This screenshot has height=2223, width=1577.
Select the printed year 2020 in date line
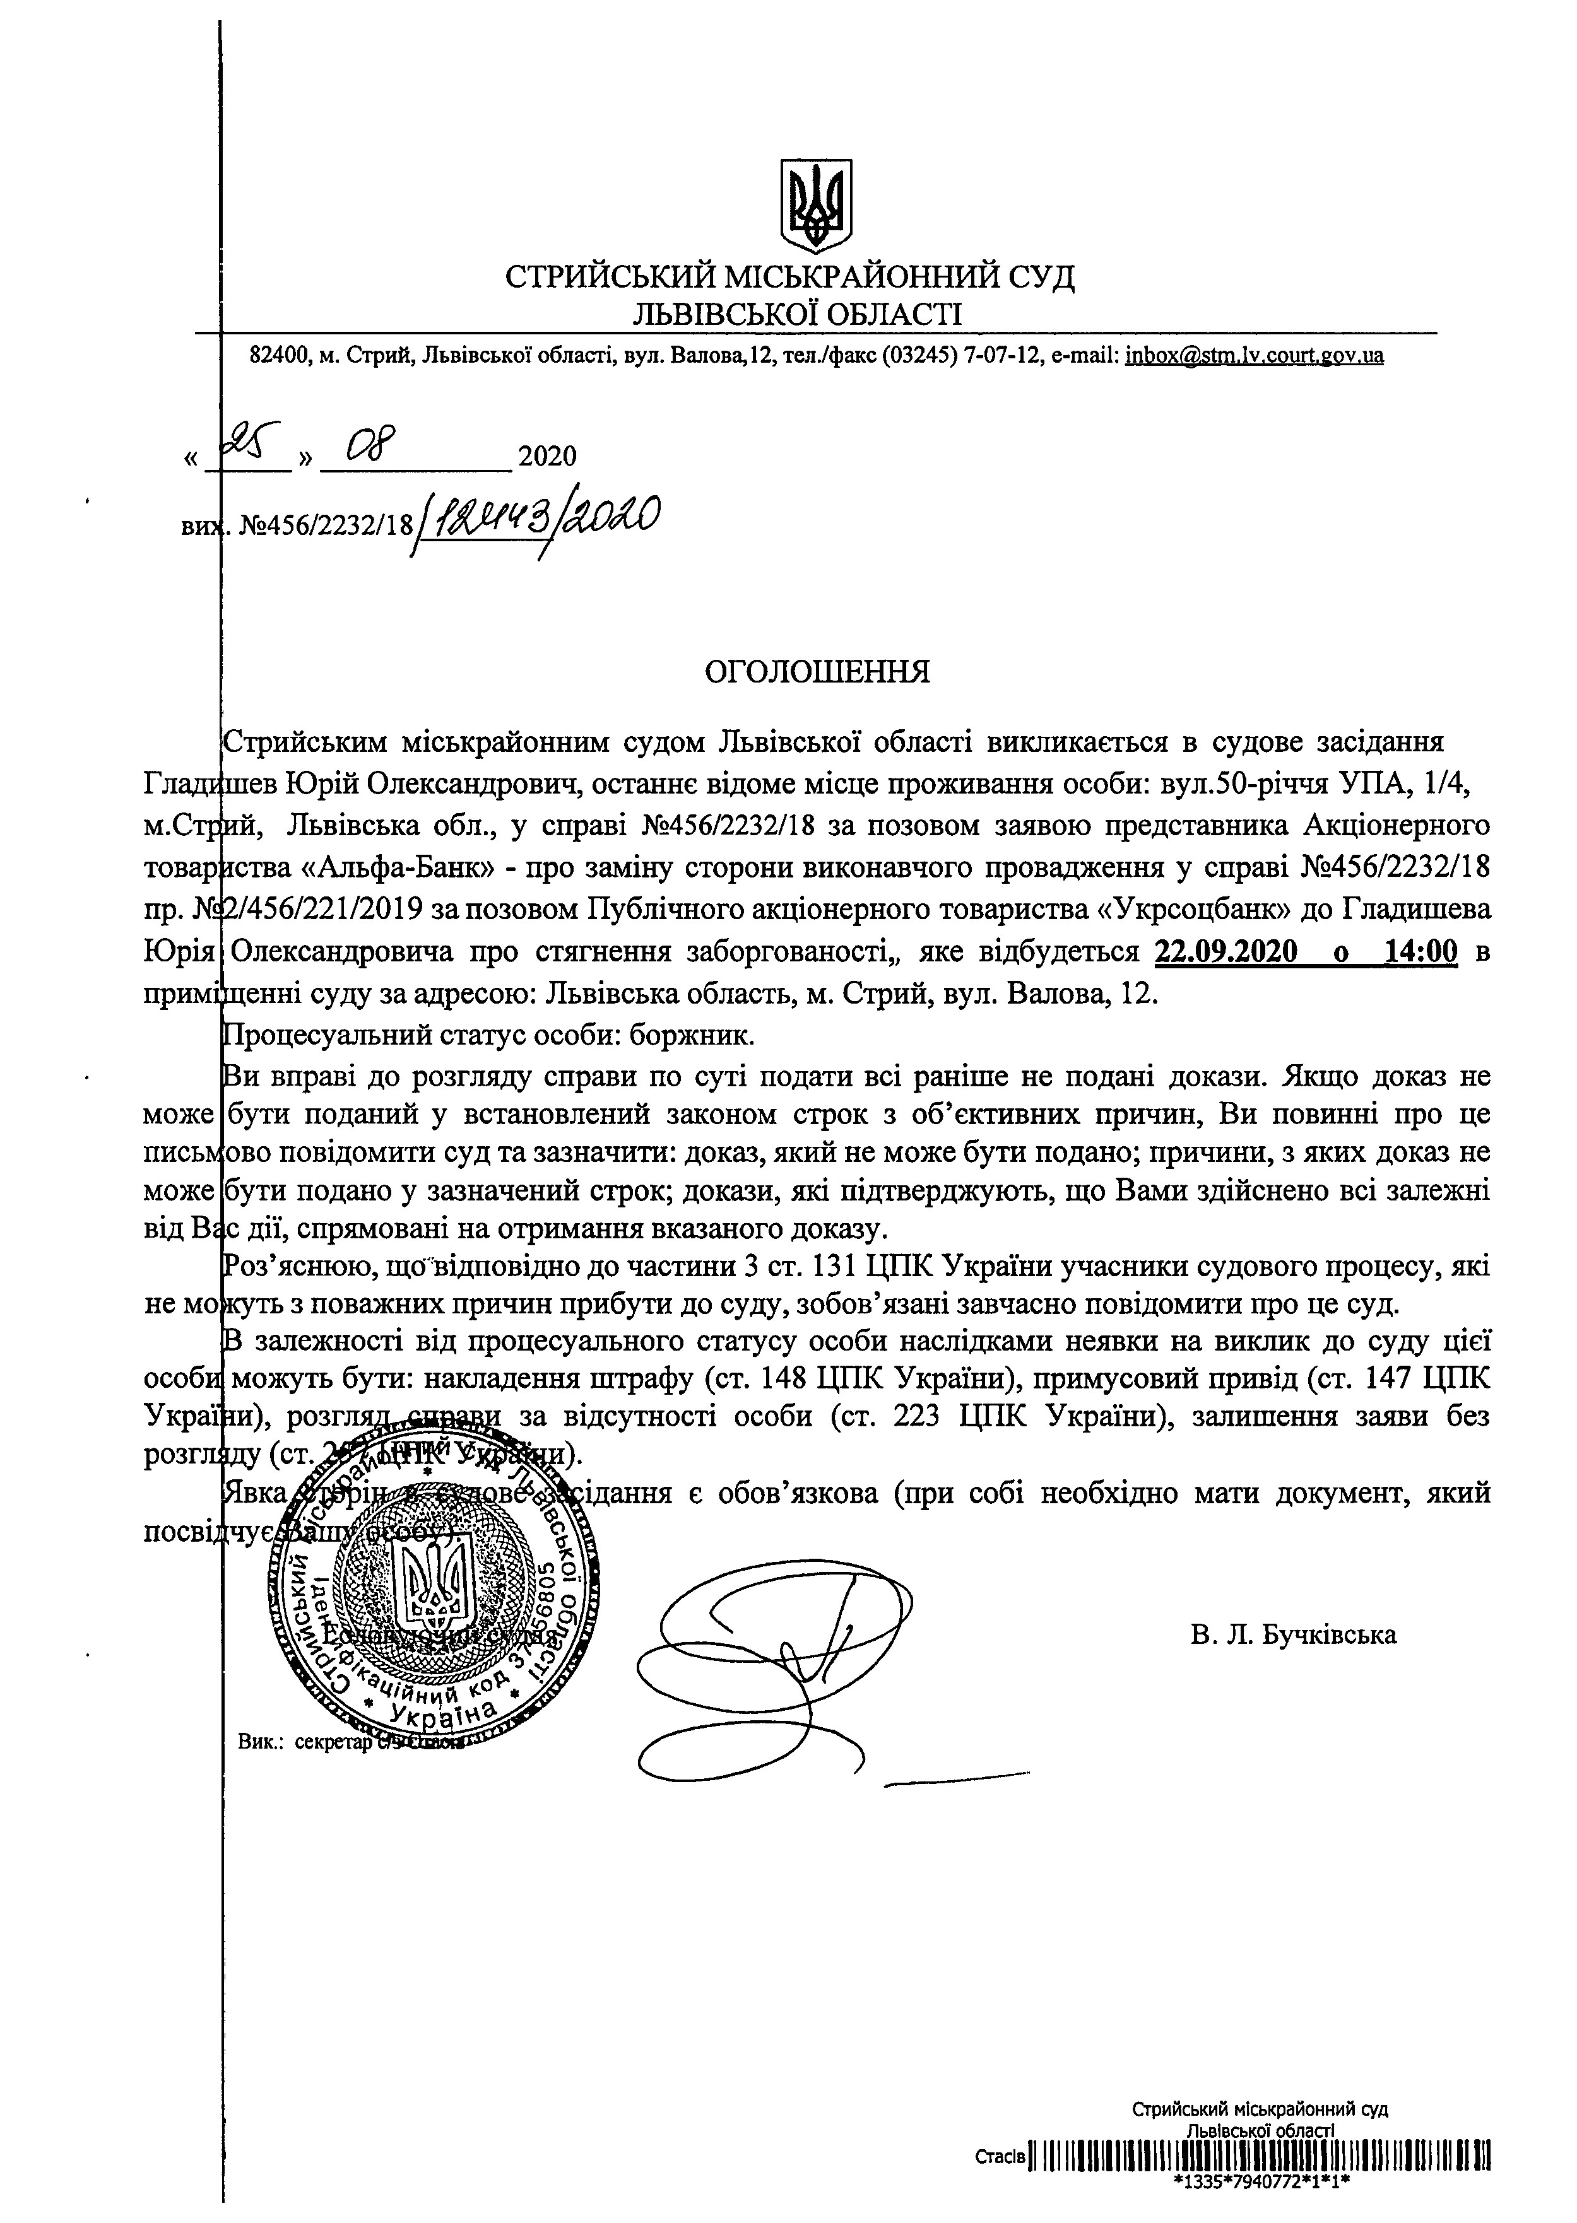(x=548, y=456)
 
